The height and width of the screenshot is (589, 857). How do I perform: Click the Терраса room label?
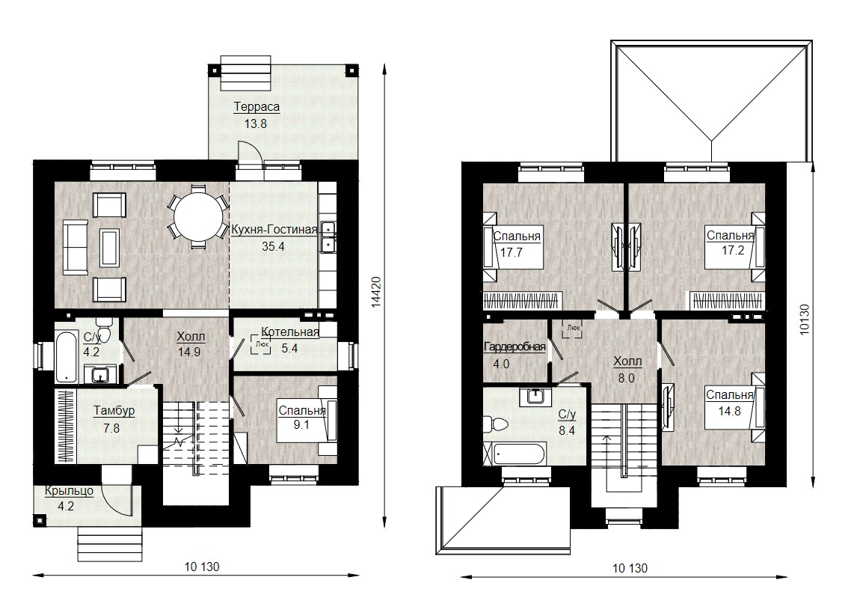257,106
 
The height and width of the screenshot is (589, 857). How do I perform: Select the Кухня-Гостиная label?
274,230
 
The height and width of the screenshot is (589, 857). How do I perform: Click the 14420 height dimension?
376,292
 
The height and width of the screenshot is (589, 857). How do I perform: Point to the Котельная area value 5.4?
289,348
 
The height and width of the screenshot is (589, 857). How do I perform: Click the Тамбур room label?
114,411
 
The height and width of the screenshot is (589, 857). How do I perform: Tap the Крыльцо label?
69,491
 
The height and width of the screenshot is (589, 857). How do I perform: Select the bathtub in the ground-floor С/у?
67,355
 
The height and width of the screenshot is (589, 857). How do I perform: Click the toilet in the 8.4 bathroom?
496,424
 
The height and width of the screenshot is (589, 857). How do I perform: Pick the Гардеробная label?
514,347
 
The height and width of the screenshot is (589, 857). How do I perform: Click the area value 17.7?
512,252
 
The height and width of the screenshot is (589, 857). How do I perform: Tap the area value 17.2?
732,251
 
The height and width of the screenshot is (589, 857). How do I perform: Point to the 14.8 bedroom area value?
729,411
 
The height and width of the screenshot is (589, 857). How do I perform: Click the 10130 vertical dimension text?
805,319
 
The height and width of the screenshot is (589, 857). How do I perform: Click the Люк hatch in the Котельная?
261,344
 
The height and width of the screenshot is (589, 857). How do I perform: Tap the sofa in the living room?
76,247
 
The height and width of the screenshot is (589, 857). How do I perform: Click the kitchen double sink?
328,236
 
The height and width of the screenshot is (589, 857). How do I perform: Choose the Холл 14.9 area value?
189,353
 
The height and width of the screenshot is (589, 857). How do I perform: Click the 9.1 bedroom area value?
301,424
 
